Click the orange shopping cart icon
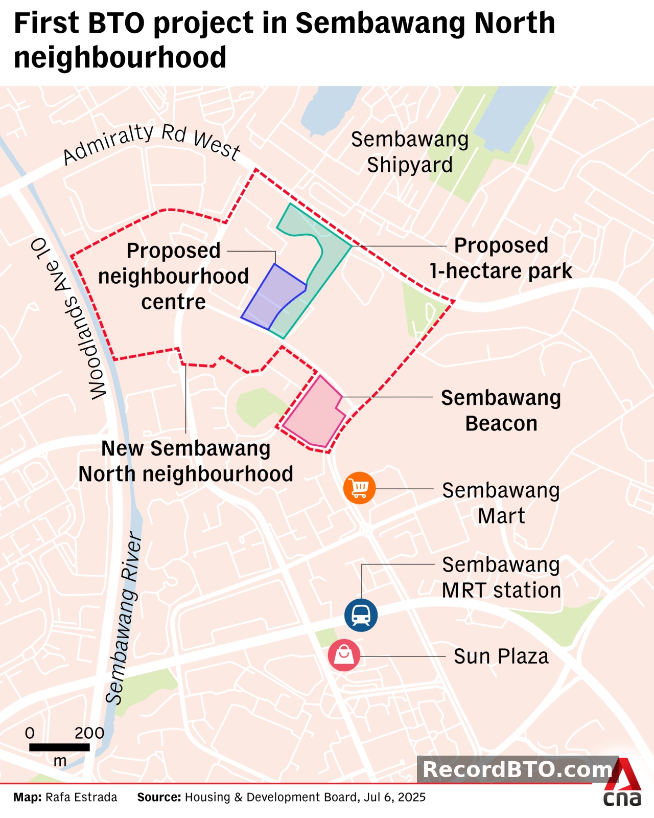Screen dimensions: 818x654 pos(359,488)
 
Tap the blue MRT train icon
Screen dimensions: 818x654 pos(361,615)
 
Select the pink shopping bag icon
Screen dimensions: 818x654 pos(344,655)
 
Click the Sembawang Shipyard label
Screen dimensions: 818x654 pos(410,152)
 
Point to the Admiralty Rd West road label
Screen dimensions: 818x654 pos(152,144)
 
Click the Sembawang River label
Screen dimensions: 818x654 pos(124,619)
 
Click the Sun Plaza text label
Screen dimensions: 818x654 pos(501,656)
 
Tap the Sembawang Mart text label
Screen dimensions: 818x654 pos(501,503)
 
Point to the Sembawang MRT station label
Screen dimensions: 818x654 pos(501,578)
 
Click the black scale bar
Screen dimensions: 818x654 pos(59,747)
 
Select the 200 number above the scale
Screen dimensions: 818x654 pos(89,733)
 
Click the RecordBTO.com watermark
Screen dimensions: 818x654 pos(517,769)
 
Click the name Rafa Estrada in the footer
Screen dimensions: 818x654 pos(81,797)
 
